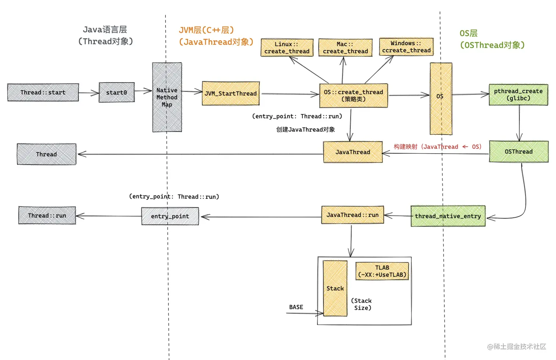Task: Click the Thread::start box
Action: tap(43, 92)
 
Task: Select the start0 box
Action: tap(117, 92)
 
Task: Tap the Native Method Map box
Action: tap(167, 97)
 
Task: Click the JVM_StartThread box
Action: tap(231, 93)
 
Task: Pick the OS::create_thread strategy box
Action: tap(353, 96)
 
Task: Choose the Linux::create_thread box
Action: tap(287, 47)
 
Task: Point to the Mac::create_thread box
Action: tap(345, 47)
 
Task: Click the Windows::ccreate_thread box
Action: tap(406, 47)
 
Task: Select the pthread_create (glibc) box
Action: tap(518, 95)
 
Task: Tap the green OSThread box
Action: tap(518, 152)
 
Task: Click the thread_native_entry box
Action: tap(448, 216)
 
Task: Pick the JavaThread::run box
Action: tap(352, 215)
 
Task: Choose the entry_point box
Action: tap(170, 216)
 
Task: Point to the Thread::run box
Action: tap(47, 215)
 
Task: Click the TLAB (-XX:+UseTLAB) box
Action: tap(382, 271)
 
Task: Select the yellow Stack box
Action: tap(335, 288)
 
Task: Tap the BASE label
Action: tap(296, 307)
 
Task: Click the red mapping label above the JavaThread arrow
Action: tap(437, 147)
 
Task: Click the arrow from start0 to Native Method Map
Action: tap(143, 90)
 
